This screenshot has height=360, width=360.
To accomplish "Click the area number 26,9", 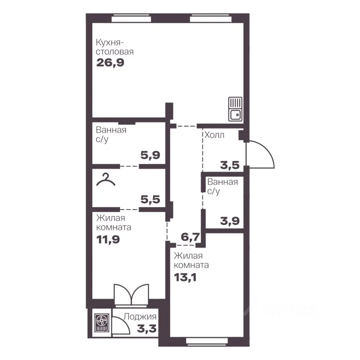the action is click(110, 63).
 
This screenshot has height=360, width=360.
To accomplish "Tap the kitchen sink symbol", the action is click(235, 109).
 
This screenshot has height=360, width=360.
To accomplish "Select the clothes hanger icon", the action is click(106, 180).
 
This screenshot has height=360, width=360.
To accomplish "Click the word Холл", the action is click(214, 135).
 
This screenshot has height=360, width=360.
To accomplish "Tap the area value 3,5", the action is click(229, 165).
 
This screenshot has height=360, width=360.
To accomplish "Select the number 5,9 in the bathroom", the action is click(150, 155).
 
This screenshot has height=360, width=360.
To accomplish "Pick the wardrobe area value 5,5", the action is click(150, 199).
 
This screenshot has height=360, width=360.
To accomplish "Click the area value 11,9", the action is click(108, 240).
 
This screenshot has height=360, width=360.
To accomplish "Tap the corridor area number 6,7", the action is click(190, 237).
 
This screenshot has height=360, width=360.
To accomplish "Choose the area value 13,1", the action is click(185, 277).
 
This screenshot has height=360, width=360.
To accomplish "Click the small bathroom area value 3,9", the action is click(229, 221).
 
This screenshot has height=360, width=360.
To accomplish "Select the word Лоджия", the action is click(140, 317).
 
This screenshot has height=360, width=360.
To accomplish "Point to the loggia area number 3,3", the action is click(147, 329).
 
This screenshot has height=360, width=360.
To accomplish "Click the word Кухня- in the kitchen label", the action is click(110, 43).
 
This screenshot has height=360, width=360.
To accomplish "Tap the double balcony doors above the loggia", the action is click(131, 295).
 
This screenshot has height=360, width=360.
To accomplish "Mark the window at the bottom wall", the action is click(207, 341).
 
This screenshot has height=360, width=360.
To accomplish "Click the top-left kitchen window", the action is click(131, 18).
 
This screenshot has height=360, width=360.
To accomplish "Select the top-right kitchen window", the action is click(210, 18).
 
